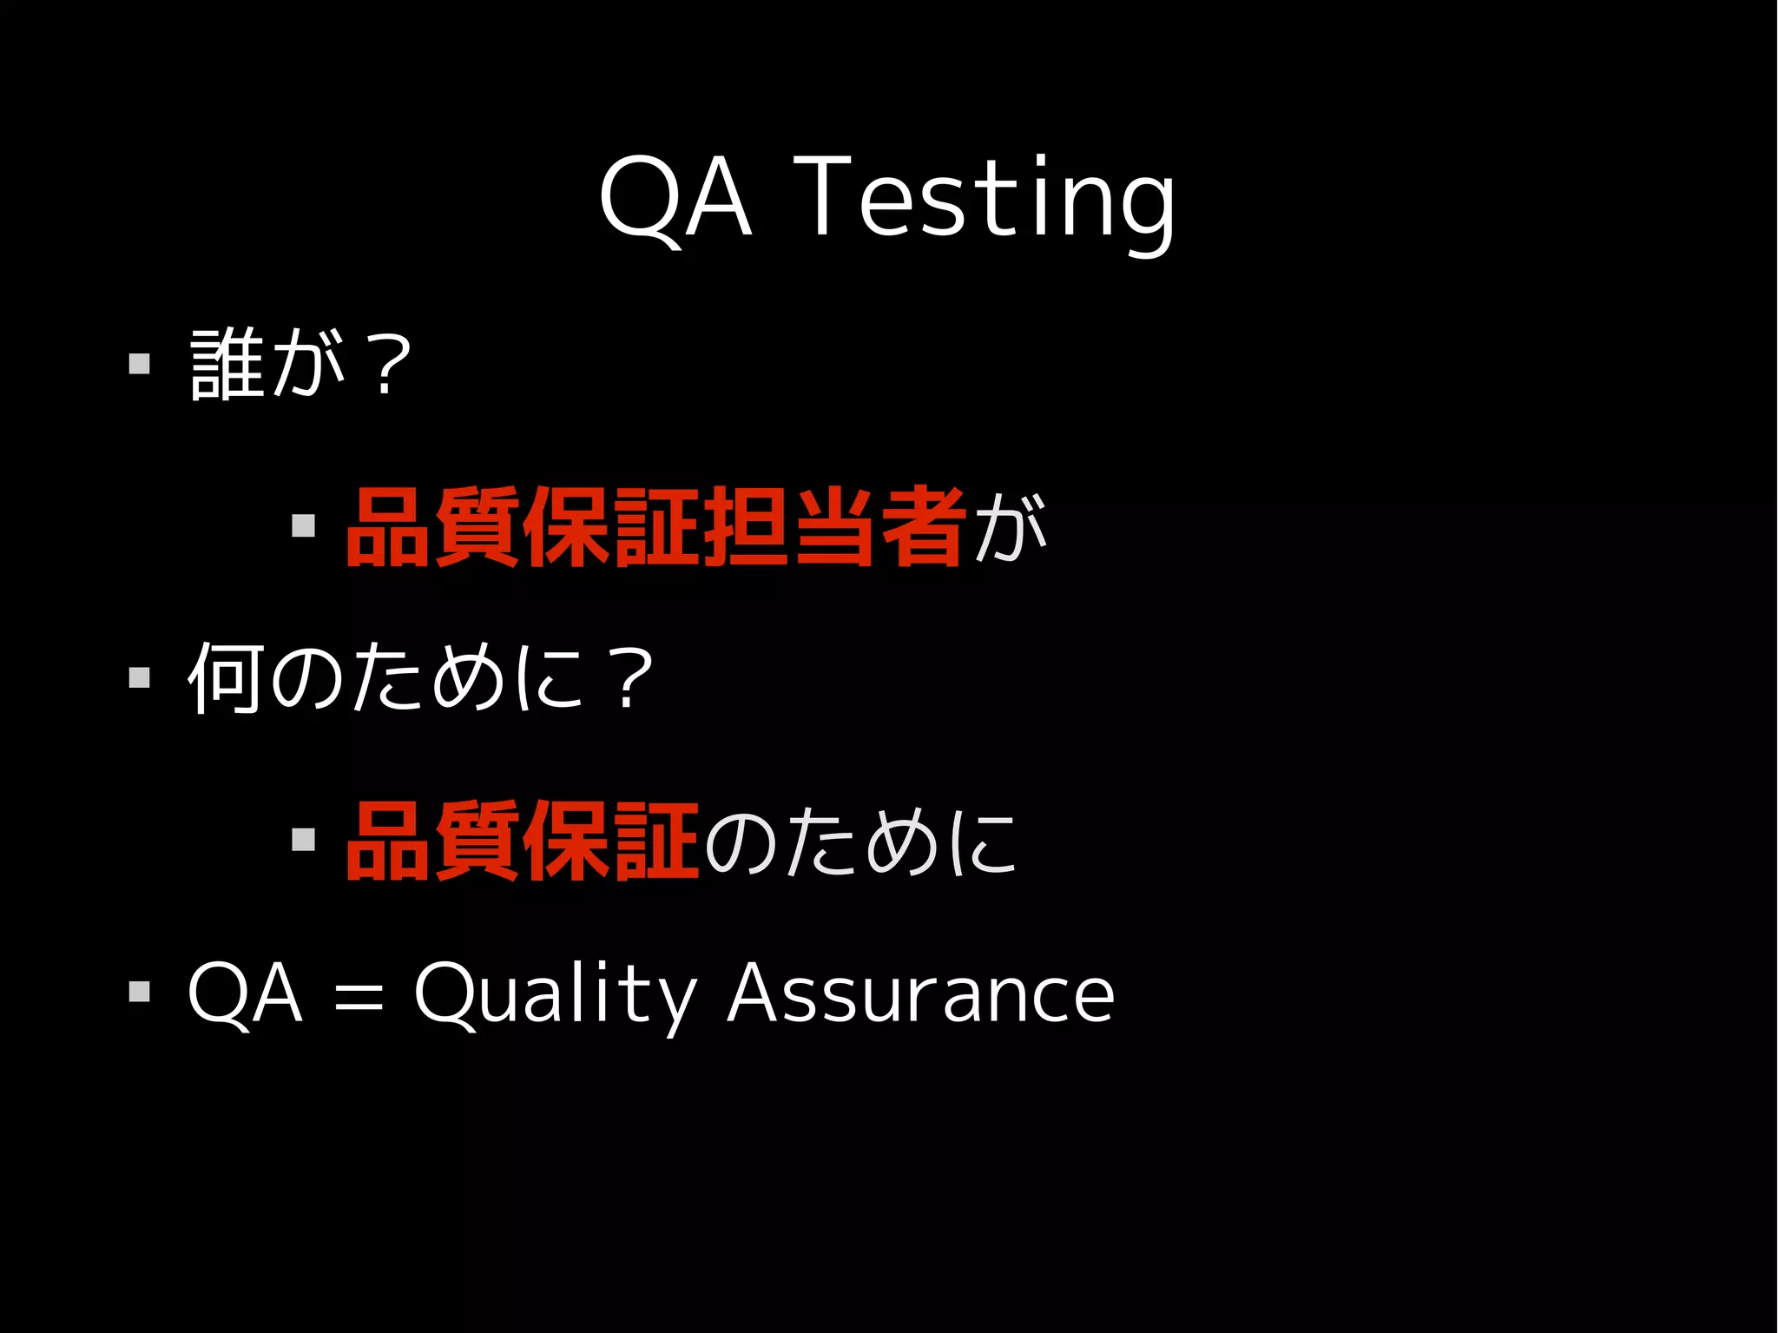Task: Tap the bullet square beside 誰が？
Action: click(x=139, y=363)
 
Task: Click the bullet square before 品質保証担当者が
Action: click(x=303, y=525)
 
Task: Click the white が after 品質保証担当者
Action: click(x=1010, y=527)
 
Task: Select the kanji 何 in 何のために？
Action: click(x=225, y=677)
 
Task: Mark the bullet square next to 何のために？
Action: click(x=139, y=676)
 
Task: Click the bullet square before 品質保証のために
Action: click(x=303, y=839)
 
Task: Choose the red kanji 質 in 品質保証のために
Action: click(x=478, y=841)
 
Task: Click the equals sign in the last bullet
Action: click(x=358, y=995)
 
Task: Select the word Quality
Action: click(x=556, y=994)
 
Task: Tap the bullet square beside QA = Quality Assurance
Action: click(x=139, y=991)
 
